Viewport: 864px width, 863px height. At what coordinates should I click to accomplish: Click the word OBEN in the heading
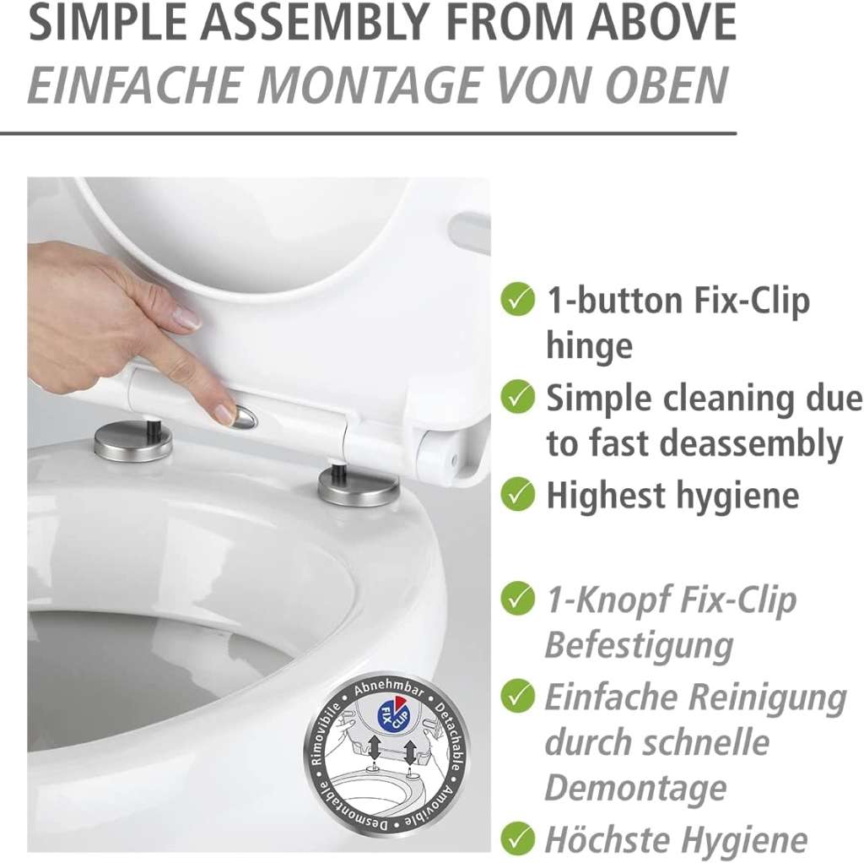(667, 85)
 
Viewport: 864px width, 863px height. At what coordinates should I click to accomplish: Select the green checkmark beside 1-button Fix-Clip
(517, 299)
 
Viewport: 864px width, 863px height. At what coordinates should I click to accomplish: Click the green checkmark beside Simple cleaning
(517, 397)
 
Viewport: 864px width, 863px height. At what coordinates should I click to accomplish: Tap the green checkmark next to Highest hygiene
(517, 494)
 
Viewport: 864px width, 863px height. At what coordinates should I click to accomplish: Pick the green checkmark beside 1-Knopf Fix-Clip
(517, 599)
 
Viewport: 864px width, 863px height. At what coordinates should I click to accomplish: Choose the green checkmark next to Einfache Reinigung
(517, 697)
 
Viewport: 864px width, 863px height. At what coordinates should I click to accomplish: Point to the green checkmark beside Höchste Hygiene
(517, 839)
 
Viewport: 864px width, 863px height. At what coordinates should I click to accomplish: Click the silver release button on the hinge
(246, 417)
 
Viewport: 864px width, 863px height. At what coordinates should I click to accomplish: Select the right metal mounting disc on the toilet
(358, 486)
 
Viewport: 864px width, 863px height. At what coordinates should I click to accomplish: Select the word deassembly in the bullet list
(751, 444)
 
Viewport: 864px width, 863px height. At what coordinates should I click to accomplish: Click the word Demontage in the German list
(635, 788)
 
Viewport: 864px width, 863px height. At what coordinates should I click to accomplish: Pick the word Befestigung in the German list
(640, 646)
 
